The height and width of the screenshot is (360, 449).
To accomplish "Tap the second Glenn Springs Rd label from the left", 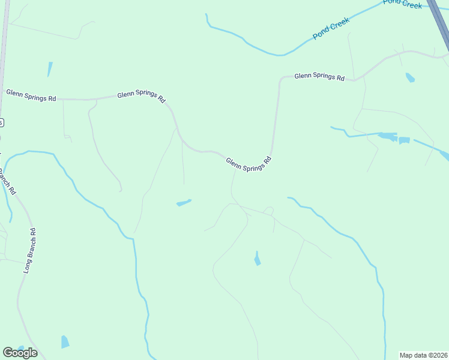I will click(142, 97).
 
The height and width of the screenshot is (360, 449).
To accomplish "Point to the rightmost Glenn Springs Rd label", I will click(319, 77).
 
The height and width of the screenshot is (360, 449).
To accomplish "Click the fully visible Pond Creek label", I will click(331, 29).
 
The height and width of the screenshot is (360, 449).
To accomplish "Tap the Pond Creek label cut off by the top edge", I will click(402, 4).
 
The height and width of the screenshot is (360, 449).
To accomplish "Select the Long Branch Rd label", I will click(30, 251).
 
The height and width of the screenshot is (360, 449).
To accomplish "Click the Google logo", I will click(20, 353).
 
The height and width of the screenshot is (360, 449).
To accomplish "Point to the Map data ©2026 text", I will click(423, 355).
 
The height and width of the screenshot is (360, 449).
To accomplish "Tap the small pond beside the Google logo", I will click(65, 342).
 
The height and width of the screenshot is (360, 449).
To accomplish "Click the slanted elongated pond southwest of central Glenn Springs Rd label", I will click(184, 203).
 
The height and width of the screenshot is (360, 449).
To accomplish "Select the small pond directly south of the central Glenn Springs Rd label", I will click(257, 259).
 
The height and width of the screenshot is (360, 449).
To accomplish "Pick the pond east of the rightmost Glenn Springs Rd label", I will click(410, 77).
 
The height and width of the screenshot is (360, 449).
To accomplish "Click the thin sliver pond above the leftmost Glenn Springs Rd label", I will click(50, 68).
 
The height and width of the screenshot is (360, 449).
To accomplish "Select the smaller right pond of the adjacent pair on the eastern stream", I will click(404, 140).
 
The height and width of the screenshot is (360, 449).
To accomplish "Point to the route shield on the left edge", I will click(2, 122).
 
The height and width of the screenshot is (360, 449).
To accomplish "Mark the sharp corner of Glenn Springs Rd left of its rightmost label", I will click(280, 80).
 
